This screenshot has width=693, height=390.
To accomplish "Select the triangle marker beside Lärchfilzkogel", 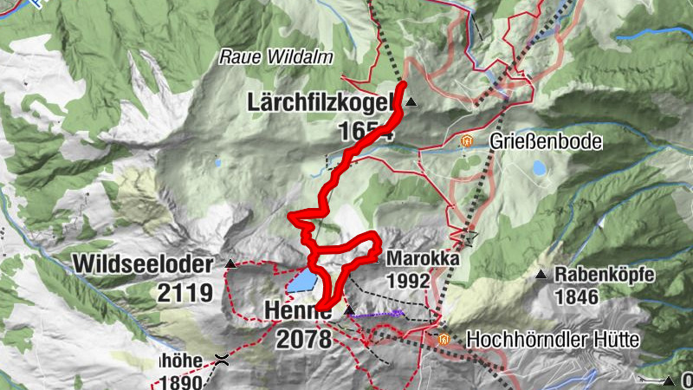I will pyautogui.click(x=411, y=102).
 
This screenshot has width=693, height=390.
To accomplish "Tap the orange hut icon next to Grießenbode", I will pyautogui.click(x=467, y=140).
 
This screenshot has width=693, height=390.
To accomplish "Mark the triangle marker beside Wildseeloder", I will pyautogui.click(x=230, y=263).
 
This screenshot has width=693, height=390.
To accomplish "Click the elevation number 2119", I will pyautogui.click(x=185, y=293).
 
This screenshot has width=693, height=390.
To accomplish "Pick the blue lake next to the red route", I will pyautogui.click(x=301, y=281).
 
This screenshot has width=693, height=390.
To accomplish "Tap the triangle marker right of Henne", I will pyautogui.click(x=349, y=309).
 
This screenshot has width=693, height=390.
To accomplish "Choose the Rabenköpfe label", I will pyautogui.click(x=605, y=276).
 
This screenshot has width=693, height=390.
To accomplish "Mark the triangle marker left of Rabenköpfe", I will pyautogui.click(x=541, y=276).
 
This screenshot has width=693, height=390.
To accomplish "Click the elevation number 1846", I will pyautogui.click(x=577, y=297).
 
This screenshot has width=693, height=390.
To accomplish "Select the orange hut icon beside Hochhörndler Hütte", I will pyautogui.click(x=444, y=339).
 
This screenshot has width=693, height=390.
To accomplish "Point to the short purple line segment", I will pyautogui.click(x=379, y=314).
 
